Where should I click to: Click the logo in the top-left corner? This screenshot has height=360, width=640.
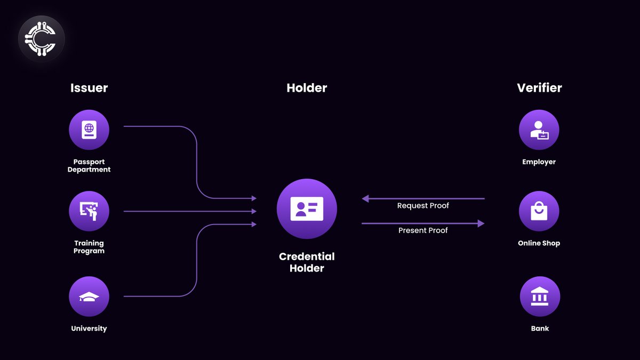(41, 38)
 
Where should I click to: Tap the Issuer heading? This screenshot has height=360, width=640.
(89, 88)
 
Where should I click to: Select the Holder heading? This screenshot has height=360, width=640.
(307, 88)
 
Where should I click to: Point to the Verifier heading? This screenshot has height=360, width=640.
(539, 88)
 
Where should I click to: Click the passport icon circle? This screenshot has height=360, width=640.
(89, 130)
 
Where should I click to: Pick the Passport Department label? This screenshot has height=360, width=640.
(89, 166)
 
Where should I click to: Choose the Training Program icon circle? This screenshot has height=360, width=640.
(89, 211)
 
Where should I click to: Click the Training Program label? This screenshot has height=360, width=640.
(89, 247)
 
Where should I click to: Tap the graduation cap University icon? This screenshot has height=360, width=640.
(89, 297)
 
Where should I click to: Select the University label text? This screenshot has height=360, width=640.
(89, 329)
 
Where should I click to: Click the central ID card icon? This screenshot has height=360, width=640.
(307, 209)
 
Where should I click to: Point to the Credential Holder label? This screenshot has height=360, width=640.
(307, 262)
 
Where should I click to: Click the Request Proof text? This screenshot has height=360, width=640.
(423, 206)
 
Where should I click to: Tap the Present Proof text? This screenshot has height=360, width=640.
(423, 230)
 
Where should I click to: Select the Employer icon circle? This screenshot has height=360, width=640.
(539, 130)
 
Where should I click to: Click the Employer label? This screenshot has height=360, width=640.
(539, 162)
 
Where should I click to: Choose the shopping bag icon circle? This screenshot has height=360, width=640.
(539, 211)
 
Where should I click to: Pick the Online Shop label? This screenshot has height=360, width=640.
(539, 243)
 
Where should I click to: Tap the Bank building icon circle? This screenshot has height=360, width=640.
(540, 297)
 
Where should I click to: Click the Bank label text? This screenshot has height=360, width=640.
(540, 329)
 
